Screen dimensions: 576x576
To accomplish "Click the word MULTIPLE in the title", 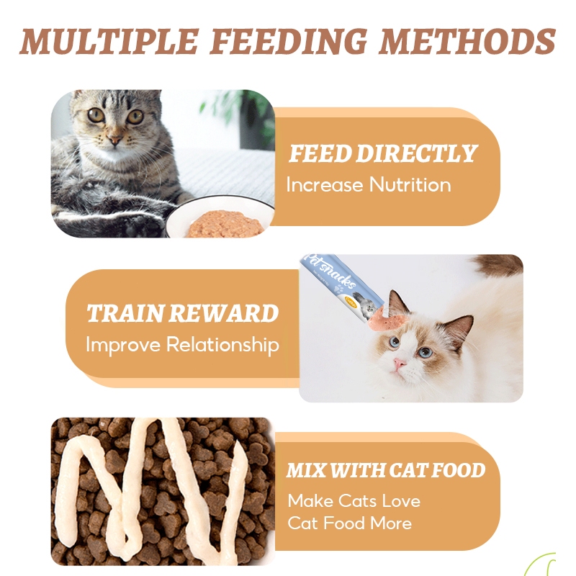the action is pyautogui.click(x=109, y=41).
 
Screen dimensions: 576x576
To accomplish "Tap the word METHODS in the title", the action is pyautogui.click(x=467, y=41).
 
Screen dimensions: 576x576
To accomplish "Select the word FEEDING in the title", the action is pyautogui.click(x=289, y=42).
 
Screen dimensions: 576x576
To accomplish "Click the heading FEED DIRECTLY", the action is pyautogui.click(x=382, y=153).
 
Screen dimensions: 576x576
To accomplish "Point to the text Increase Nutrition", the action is pyautogui.click(x=369, y=184).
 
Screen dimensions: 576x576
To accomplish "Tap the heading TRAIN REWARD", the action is pyautogui.click(x=183, y=313).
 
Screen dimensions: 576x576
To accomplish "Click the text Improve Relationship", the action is pyautogui.click(x=182, y=346).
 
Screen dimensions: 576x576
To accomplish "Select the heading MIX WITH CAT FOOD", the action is pyautogui.click(x=386, y=470).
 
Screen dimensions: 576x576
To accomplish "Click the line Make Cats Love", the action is pyautogui.click(x=354, y=500).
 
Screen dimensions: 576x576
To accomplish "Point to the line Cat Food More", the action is pyautogui.click(x=349, y=523).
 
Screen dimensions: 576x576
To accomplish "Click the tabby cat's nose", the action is pyautogui.click(x=114, y=140).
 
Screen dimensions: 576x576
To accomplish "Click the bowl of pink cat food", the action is pyautogui.click(x=220, y=217).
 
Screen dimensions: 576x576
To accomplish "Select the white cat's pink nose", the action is pyautogui.click(x=399, y=364).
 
